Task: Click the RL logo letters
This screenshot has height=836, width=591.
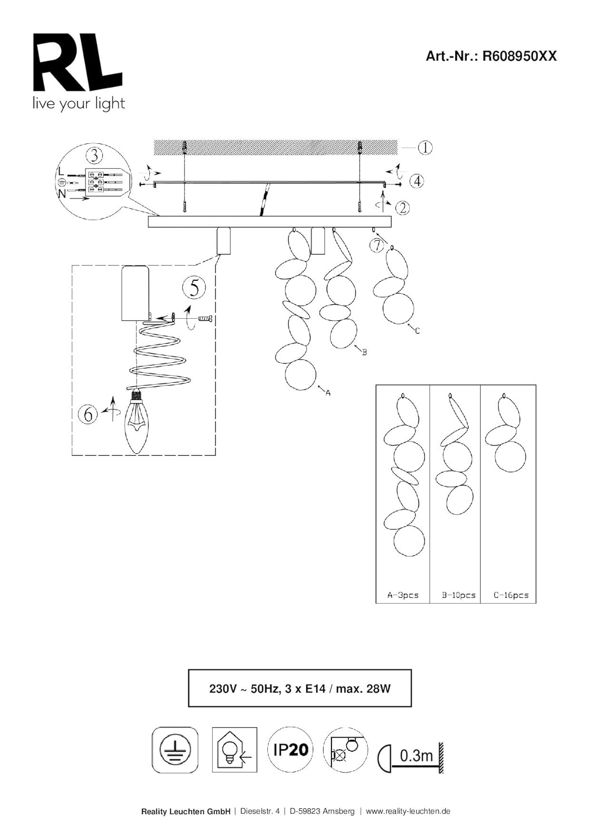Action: tap(78, 62)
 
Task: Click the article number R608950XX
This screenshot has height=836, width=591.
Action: tap(520, 56)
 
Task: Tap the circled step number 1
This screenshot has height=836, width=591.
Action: tap(424, 148)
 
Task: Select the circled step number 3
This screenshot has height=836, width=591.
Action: tap(94, 155)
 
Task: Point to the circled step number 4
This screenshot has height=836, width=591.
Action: tap(417, 181)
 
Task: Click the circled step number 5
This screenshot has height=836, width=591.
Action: tap(194, 289)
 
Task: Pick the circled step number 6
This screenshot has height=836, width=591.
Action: tap(88, 414)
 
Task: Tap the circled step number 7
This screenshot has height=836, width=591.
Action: tap(378, 246)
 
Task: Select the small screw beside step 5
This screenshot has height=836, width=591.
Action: tap(205, 319)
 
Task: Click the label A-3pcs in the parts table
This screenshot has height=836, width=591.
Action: tap(403, 595)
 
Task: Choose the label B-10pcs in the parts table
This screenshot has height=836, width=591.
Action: tap(458, 595)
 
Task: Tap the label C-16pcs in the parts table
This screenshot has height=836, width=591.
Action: tap(511, 595)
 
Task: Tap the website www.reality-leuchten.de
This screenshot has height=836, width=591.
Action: tap(408, 808)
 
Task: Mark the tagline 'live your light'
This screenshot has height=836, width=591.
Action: tap(79, 104)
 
